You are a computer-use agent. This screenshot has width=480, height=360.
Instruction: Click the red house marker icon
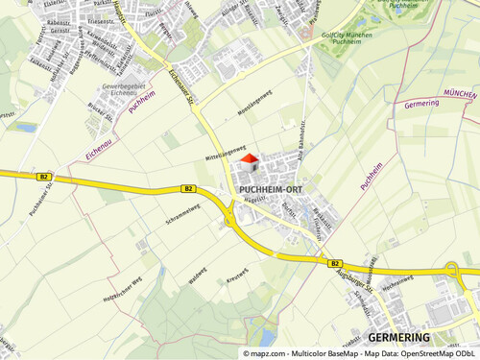tap(248, 160)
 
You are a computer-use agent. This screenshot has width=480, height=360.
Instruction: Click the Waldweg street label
tap(198, 276)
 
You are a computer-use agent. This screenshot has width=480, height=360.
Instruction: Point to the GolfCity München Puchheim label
tap(340, 40)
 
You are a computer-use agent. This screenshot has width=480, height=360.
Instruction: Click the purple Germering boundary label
tap(422, 104)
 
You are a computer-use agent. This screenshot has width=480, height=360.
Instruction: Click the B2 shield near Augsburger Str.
tap(335, 263)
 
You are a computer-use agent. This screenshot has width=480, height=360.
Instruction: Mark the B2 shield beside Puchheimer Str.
tap(44, 177)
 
